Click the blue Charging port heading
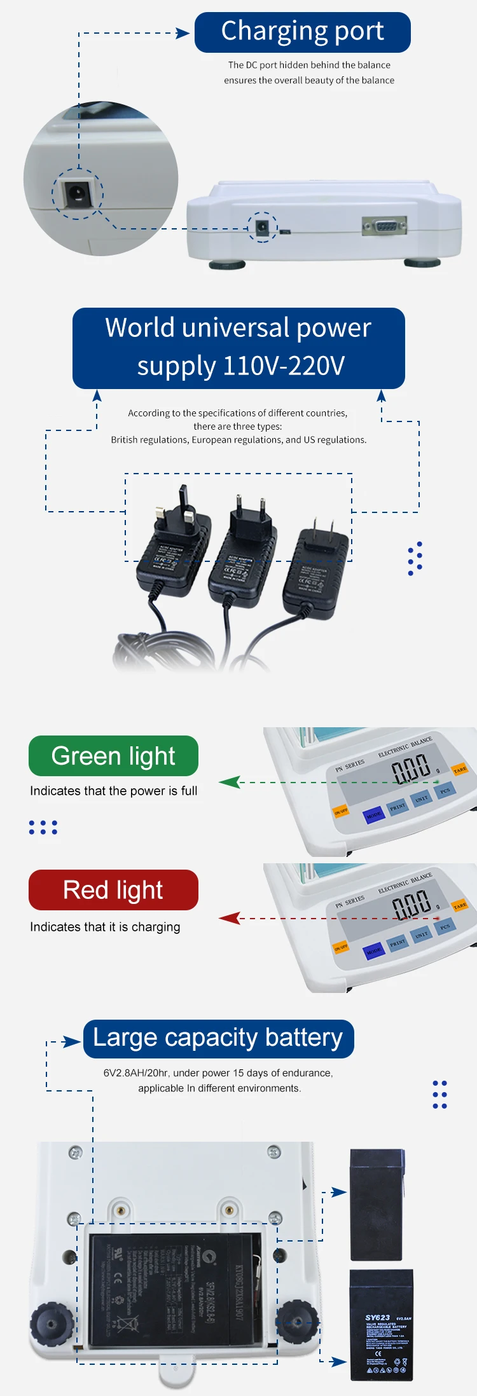click(302, 32)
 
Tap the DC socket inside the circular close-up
click(77, 193)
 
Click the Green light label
click(113, 756)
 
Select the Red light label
click(113, 890)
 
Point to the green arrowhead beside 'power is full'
click(230, 782)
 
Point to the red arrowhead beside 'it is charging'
click(230, 918)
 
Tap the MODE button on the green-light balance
click(373, 814)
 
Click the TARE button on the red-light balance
click(460, 905)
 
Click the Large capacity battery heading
click(218, 1038)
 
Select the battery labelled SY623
click(381, 1325)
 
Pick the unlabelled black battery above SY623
click(377, 1205)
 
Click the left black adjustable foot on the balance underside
click(52, 1323)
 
